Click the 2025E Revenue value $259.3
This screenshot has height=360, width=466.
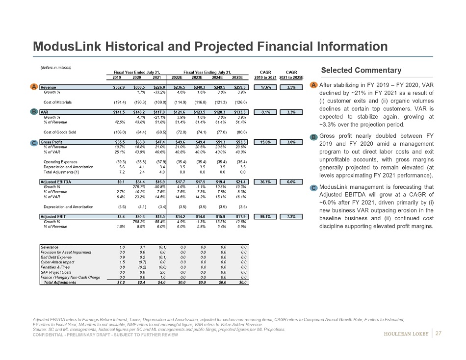(x=241, y=87)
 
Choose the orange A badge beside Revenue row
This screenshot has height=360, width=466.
(x=34, y=87)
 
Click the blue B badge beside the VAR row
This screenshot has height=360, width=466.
(x=34, y=112)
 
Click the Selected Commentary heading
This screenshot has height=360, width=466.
(x=361, y=71)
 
